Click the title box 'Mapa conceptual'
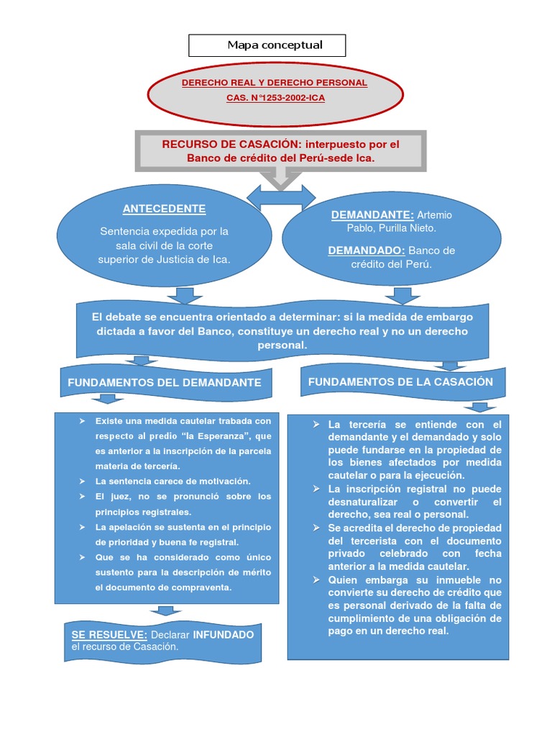(267, 45)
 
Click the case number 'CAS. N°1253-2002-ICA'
(275, 96)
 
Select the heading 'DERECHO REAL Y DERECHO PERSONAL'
(275, 83)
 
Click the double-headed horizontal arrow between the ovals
(281, 196)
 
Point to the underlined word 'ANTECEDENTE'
(164, 209)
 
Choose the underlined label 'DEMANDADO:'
(367, 250)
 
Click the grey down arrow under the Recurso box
(280, 177)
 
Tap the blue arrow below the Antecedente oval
(185, 295)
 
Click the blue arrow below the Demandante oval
(402, 295)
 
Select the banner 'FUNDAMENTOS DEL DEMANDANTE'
(165, 383)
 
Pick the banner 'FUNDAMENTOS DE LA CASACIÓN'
(400, 381)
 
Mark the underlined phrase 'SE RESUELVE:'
(109, 635)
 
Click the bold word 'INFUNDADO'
(223, 635)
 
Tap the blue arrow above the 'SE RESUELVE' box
(166, 610)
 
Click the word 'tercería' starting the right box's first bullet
(367, 425)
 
